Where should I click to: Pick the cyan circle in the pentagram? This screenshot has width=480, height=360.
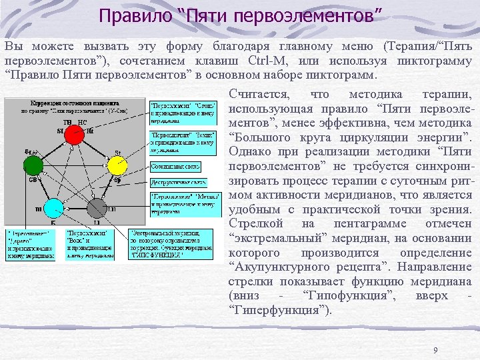coord(53,208)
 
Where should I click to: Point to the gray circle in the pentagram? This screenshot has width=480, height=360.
coord(97,208)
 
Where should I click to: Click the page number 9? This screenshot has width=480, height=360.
coord(435,351)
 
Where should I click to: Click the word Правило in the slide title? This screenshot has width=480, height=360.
coord(134,15)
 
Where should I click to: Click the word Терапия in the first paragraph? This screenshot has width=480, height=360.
coord(409,47)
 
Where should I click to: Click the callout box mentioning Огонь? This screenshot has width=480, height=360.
coord(183,113)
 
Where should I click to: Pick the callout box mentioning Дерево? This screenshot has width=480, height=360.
coord(31,243)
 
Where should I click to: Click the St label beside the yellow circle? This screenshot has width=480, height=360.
coord(117,153)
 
